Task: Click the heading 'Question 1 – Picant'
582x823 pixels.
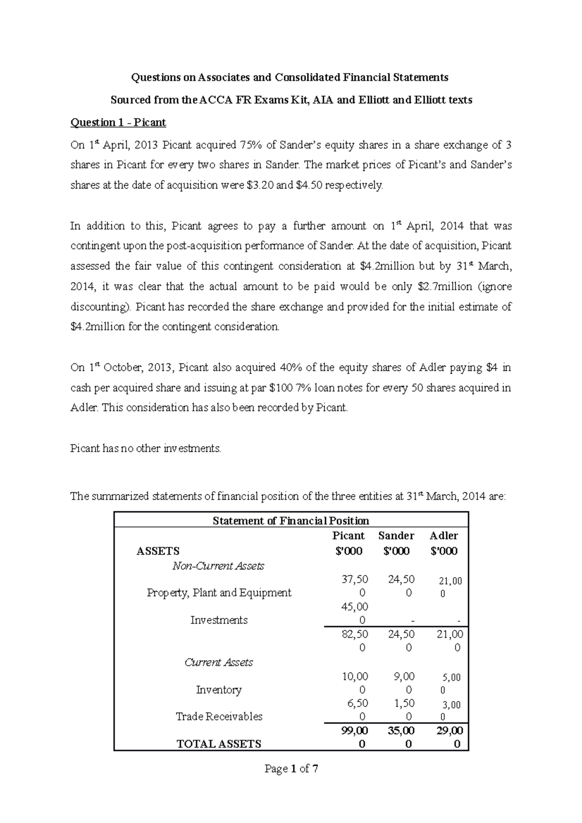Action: (x=118, y=123)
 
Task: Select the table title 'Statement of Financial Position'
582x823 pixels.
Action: (x=291, y=521)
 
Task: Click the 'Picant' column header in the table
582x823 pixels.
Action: (x=348, y=536)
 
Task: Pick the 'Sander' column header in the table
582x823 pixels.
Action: (x=396, y=536)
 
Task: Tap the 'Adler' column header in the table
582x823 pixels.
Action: (x=444, y=536)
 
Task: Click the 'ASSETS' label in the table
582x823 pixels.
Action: (x=158, y=551)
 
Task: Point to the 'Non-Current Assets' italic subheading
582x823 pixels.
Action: (x=218, y=566)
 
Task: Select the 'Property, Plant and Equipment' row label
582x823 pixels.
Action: (x=219, y=593)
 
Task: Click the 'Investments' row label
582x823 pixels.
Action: (x=219, y=620)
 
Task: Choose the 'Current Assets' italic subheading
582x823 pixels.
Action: (x=219, y=663)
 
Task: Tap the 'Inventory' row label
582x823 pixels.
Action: (x=219, y=690)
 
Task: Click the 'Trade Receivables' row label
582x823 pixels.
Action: (x=219, y=717)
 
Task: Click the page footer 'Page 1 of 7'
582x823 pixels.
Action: (x=291, y=769)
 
